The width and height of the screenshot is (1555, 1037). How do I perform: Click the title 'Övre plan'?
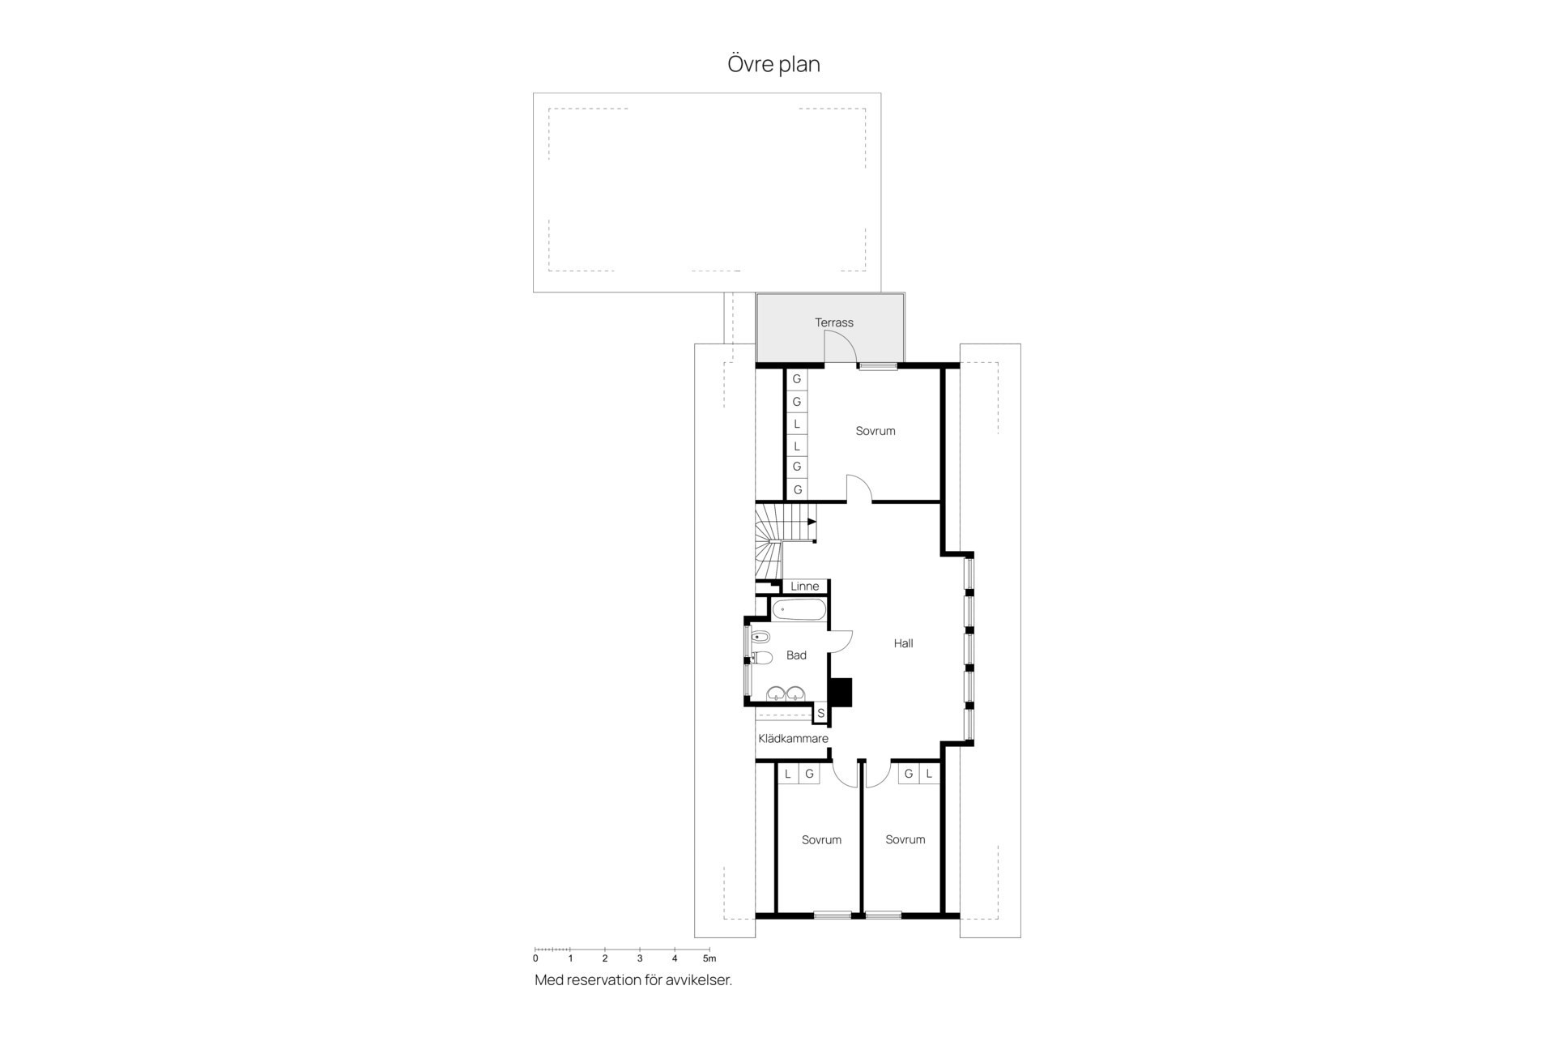(773, 64)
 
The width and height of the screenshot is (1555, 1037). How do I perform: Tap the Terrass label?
(833, 322)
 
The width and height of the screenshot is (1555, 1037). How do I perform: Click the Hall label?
(903, 643)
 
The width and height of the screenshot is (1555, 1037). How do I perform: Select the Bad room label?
(796, 655)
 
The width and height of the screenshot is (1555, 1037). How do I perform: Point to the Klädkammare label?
(793, 739)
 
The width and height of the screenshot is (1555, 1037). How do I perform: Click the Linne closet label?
(804, 587)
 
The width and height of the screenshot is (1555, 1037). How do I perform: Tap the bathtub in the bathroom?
(799, 610)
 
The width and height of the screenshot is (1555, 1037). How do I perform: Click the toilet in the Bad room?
(761, 657)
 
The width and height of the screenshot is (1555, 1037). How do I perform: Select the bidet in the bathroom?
(760, 636)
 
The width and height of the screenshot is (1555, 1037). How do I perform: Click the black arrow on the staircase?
(812, 522)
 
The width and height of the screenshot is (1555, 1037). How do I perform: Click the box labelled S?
(820, 714)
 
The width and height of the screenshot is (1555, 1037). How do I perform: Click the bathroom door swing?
(841, 641)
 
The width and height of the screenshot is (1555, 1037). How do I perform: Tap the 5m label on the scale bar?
(709, 958)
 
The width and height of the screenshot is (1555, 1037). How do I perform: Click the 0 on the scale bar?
(535, 958)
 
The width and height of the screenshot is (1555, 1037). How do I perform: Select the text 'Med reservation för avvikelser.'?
(633, 980)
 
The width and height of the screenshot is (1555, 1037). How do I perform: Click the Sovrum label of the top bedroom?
(875, 431)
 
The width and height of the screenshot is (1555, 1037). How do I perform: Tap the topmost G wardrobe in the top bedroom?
(797, 379)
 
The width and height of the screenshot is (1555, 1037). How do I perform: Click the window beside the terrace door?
(879, 366)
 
